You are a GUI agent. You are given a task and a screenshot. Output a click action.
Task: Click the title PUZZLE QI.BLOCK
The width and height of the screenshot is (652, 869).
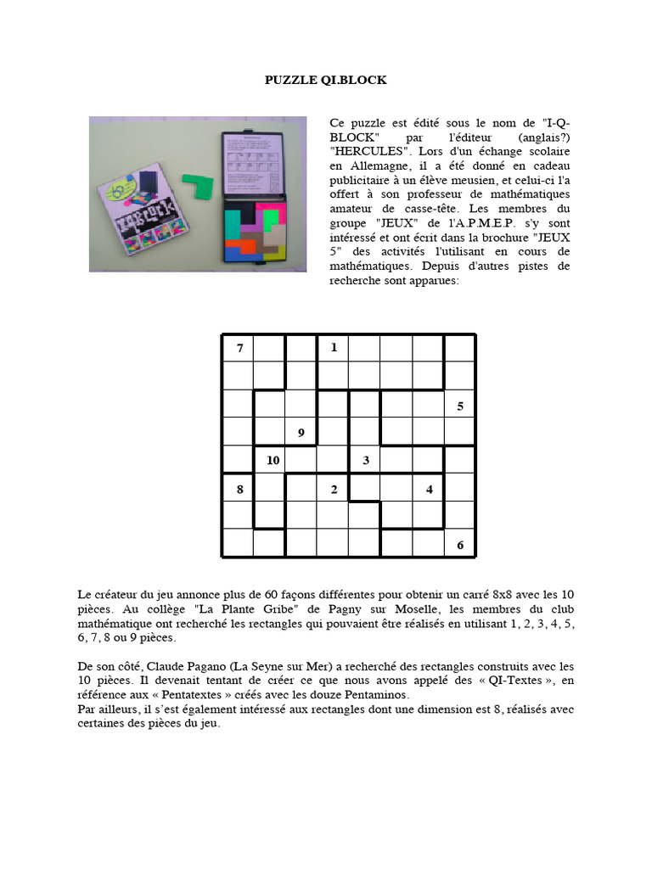tap(325, 80)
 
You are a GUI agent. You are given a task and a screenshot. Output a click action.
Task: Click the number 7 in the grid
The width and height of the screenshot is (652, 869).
tap(239, 348)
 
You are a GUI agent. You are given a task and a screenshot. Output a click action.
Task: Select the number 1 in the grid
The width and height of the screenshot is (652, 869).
tap(334, 347)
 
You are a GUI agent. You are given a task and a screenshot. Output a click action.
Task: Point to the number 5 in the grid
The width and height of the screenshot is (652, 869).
tap(460, 406)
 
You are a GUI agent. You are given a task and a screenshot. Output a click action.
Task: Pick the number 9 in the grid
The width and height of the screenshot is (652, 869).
tap(301, 434)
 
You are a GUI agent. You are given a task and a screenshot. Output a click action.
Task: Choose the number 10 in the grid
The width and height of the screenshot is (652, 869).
tap(273, 461)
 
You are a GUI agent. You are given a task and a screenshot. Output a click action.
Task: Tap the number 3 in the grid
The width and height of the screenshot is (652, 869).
tap(366, 461)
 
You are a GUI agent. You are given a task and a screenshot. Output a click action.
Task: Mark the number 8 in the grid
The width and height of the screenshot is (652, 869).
tap(239, 489)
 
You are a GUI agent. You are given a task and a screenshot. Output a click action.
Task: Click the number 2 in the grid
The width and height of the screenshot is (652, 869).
tap(334, 489)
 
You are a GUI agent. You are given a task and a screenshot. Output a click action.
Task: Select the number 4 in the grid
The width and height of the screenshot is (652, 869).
tap(429, 489)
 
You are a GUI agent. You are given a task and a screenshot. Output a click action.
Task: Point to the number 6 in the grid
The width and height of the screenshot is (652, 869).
tap(460, 545)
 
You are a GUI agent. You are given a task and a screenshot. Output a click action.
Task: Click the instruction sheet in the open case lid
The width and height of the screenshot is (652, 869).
tap(252, 165)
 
